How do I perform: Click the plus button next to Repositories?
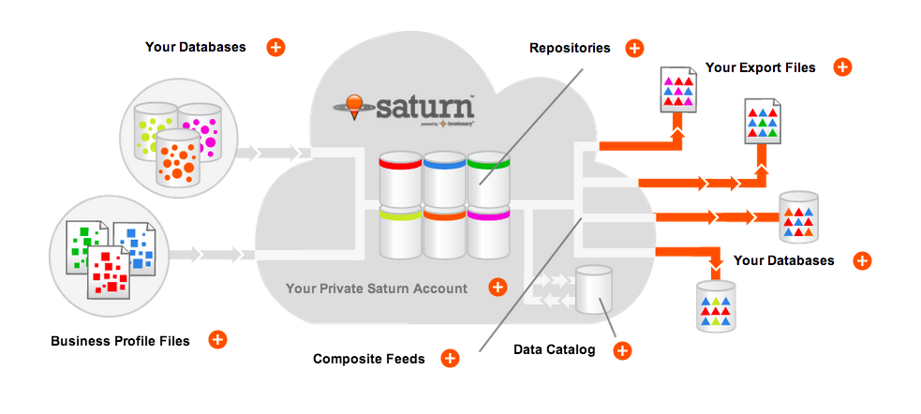[x=634, y=48]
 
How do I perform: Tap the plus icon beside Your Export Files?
[x=842, y=67]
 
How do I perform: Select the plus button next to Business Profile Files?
[x=216, y=340]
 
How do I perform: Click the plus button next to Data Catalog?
[x=621, y=350]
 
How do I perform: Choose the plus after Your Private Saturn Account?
[x=498, y=288]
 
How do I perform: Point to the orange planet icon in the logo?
[x=354, y=105]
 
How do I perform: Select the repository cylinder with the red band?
[x=399, y=178]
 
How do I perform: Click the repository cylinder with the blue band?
[x=444, y=178]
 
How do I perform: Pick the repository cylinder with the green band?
[x=488, y=178]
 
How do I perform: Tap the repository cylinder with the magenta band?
[x=488, y=233]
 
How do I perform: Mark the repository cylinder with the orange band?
[x=444, y=233]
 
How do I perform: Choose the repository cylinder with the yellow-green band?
[x=399, y=233]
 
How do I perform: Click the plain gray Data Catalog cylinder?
[x=592, y=289]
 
